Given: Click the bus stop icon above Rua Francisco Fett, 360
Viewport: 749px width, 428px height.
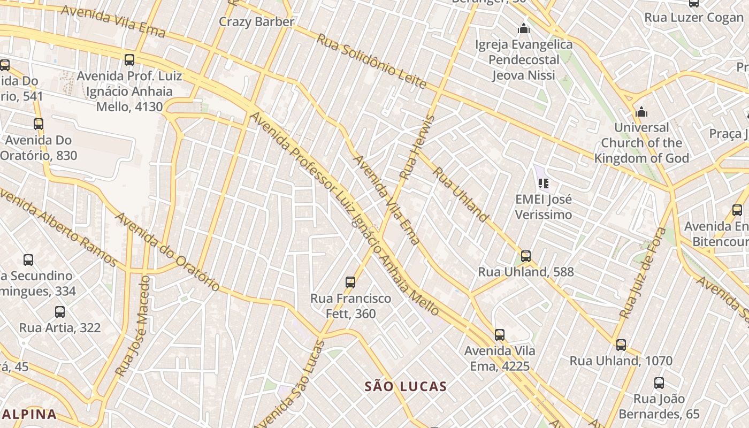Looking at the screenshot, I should (x=350, y=282).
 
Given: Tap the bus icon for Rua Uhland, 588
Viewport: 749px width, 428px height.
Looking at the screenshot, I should (x=526, y=256).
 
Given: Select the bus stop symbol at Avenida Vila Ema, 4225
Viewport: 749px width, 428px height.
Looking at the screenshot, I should (x=499, y=335).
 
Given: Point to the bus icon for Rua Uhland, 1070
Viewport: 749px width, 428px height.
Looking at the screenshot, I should (x=621, y=345).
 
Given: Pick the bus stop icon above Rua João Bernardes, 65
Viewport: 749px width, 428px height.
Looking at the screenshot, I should (x=659, y=383).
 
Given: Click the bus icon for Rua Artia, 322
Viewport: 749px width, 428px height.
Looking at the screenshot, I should (x=60, y=311).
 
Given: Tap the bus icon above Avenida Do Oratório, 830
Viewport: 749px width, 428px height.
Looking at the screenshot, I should (x=39, y=124).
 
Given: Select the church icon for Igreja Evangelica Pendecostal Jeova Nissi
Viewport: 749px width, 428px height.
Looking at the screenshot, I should (x=524, y=28).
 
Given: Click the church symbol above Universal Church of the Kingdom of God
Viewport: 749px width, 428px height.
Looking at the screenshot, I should (x=641, y=112).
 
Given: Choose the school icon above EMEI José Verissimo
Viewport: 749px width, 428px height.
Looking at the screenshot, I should (x=544, y=184).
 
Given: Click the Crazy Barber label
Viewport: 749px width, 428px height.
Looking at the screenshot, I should (x=257, y=22).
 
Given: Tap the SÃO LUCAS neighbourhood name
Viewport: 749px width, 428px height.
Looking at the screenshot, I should (x=406, y=386).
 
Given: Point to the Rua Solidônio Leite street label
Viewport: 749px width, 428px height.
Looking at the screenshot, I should (x=371, y=61).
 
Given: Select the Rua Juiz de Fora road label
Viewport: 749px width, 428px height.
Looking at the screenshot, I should (x=643, y=273).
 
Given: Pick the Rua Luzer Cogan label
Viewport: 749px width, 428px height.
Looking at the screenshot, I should (x=694, y=18).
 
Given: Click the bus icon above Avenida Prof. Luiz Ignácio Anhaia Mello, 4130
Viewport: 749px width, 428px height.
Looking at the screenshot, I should (x=129, y=60).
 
